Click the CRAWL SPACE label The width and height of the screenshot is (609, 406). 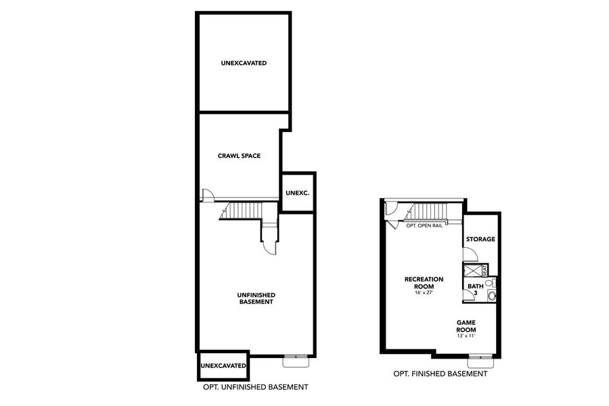(239, 156)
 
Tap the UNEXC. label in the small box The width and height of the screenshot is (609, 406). (297, 193)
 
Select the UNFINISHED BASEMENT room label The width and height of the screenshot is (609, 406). (256, 298)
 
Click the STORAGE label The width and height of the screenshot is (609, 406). (480, 239)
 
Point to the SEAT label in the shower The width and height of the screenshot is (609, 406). (484, 270)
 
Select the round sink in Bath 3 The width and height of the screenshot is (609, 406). (492, 296)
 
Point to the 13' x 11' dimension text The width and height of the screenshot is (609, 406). (467, 336)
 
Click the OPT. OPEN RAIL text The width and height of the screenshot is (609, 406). (424, 225)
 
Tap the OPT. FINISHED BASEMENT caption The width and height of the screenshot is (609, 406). (440, 374)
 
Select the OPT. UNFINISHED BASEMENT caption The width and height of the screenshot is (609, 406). (256, 387)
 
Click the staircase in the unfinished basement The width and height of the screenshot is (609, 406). (244, 210)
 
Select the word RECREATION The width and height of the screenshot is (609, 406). (424, 279)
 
